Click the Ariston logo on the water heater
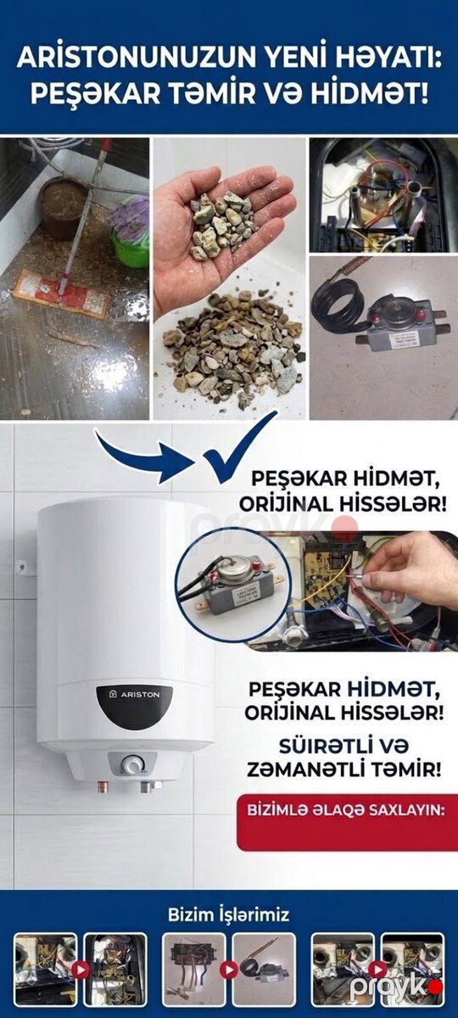tap(134, 695)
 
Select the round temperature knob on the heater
tap(132, 765)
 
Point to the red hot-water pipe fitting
tap(103, 786)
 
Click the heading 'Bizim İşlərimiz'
tap(228, 915)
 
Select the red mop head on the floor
tap(61, 294)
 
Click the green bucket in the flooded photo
tap(130, 248)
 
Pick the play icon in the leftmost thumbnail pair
tap(81, 971)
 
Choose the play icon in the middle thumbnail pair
tap(228, 971)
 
